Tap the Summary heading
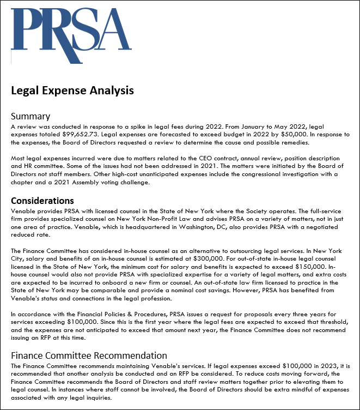30,116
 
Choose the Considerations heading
42,201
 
